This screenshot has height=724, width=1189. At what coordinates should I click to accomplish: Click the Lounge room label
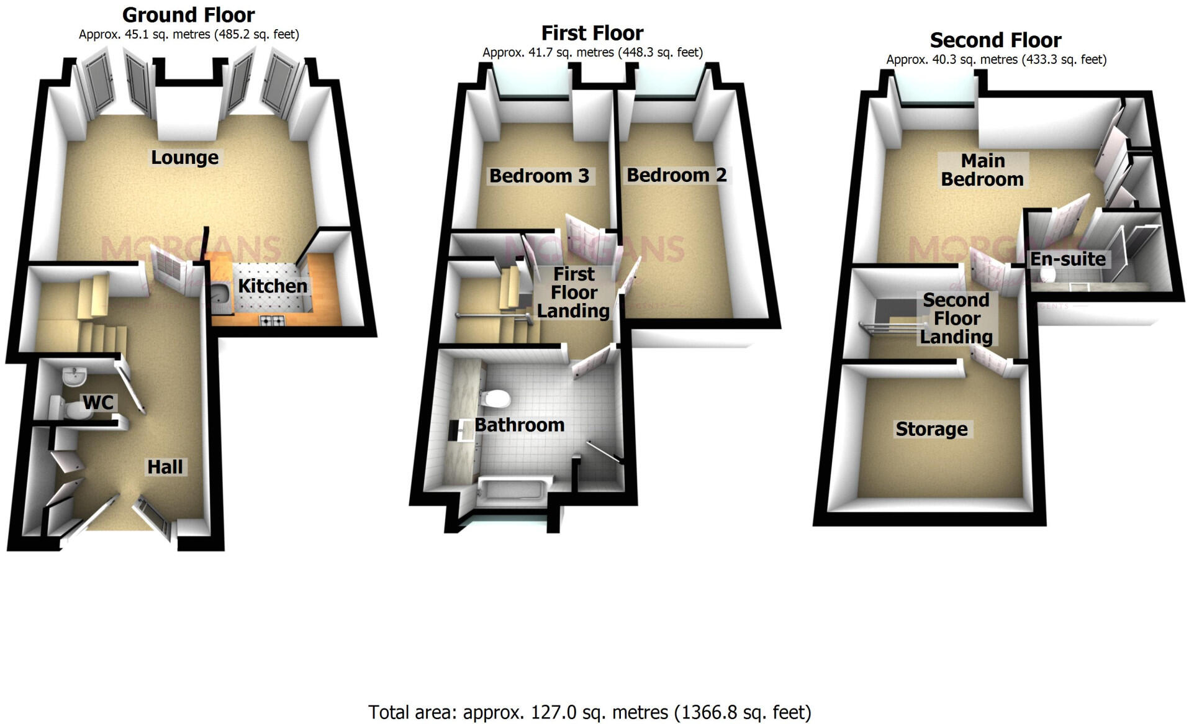[184, 158]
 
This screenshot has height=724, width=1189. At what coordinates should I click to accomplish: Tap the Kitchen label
[273, 286]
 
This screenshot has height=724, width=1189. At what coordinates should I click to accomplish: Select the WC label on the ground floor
[98, 402]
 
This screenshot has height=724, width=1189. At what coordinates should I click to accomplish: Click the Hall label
[165, 467]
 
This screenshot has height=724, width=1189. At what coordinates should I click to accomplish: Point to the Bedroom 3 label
[539, 176]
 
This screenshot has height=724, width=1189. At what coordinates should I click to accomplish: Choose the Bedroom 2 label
[676, 175]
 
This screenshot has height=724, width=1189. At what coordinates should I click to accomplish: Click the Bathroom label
[519, 425]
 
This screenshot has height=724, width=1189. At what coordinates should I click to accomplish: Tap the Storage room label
[931, 429]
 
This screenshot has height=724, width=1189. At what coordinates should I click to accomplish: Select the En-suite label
[1068, 259]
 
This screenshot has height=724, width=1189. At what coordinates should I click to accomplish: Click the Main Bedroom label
[982, 170]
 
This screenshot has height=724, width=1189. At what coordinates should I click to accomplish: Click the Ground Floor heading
[188, 14]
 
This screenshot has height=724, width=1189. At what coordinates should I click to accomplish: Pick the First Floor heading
[592, 32]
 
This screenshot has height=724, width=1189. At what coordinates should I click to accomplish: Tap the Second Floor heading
[995, 40]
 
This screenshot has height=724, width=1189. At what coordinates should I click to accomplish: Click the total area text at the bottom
[589, 712]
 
